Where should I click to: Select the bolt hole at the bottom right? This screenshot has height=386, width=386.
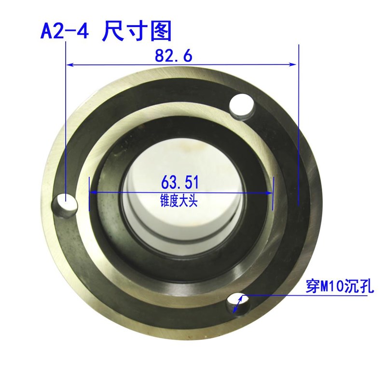pyautogui.click(x=239, y=304)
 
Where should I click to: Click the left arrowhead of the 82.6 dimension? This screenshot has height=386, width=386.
pyautogui.click(x=70, y=64)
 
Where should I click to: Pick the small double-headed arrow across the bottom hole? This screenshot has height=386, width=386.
pyautogui.click(x=237, y=304)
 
